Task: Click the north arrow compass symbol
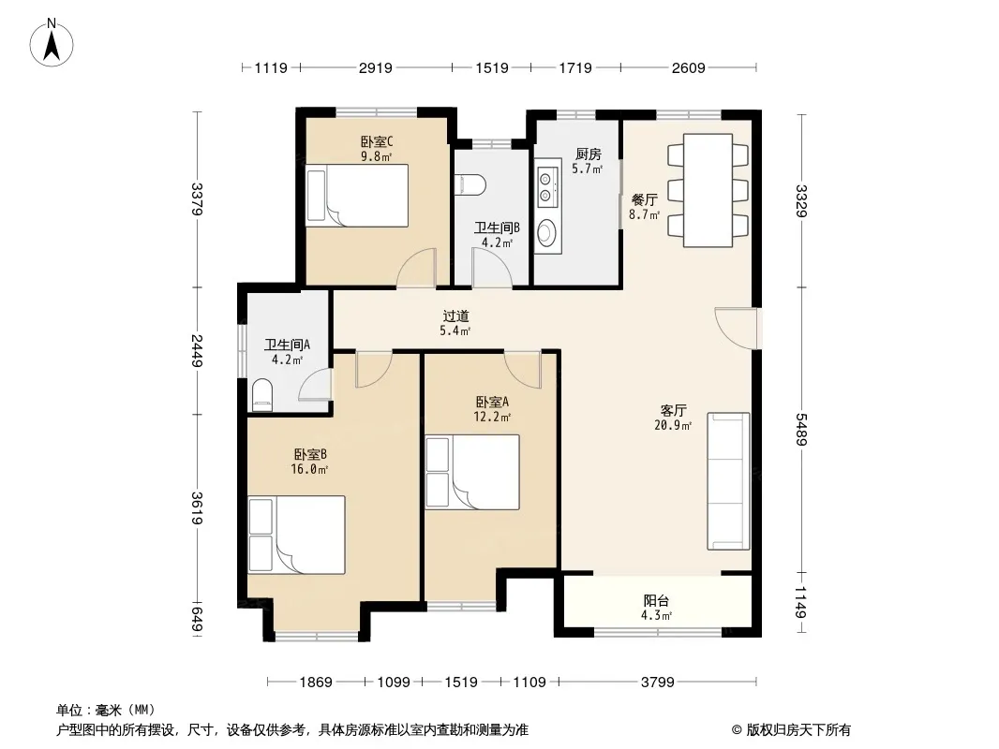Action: (52, 43)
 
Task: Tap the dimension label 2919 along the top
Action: (375, 67)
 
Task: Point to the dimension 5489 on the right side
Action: (801, 430)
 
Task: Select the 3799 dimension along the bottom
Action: (658, 683)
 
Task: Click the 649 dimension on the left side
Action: (197, 620)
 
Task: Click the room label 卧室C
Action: (376, 141)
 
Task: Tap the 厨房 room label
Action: (588, 154)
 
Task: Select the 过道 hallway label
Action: (455, 316)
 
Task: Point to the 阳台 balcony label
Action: (656, 600)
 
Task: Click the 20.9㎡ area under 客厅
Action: (673, 425)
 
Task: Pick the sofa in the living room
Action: (728, 481)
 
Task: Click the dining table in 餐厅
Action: (708, 190)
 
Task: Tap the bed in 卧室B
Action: (296, 535)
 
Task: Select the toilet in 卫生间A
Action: (261, 394)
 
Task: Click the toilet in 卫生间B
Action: (470, 184)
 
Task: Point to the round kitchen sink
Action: (546, 233)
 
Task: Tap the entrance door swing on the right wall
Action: (737, 329)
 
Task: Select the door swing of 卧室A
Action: (522, 369)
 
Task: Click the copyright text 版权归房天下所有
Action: (798, 730)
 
